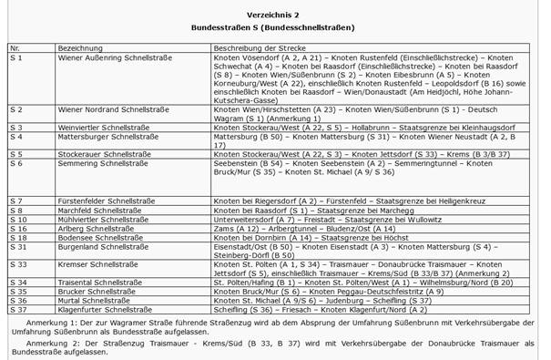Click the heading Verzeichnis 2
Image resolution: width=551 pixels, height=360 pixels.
(275, 16)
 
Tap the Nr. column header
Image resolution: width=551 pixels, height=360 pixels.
(15, 45)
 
